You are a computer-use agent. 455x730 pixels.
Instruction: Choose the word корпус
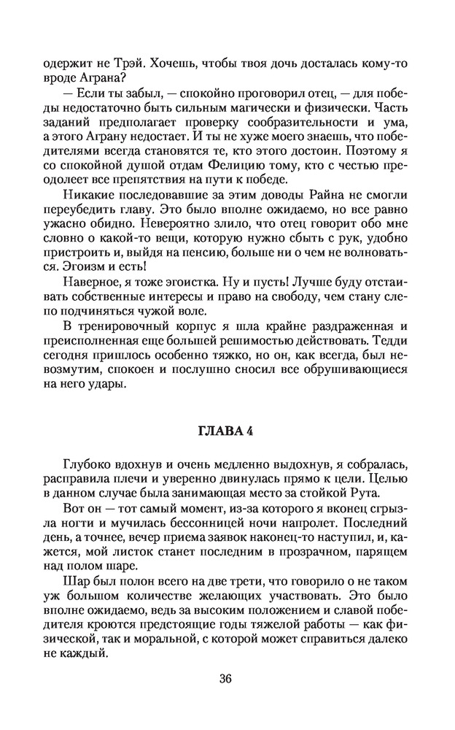pyautogui.click(x=192, y=335)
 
